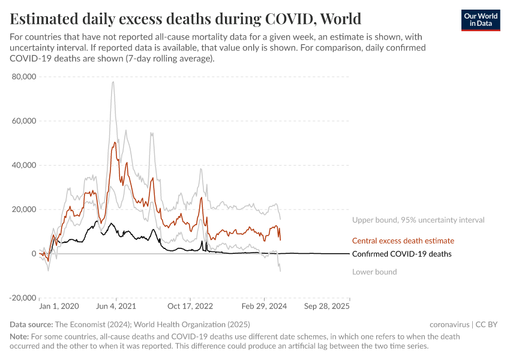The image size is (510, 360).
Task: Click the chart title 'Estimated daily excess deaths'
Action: [x=185, y=18]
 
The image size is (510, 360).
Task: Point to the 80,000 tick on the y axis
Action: [x=24, y=77]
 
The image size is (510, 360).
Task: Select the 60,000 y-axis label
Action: [x=24, y=121]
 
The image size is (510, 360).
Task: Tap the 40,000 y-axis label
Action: [x=24, y=165]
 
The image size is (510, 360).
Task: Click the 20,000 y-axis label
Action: [x=24, y=209]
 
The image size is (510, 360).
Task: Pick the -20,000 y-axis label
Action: [x=23, y=298]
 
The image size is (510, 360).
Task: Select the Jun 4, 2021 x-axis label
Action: [x=116, y=306]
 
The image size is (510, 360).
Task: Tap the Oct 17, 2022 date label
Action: [x=190, y=306]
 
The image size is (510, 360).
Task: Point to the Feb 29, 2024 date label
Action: [x=265, y=306]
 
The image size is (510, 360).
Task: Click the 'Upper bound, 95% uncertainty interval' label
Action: [x=418, y=220]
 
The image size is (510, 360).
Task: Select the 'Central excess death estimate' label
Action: [x=403, y=241]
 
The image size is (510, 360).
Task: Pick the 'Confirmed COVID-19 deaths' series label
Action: [x=401, y=254]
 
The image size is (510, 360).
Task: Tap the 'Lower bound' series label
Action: [x=374, y=272]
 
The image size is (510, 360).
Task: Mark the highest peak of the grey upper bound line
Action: [x=113, y=82]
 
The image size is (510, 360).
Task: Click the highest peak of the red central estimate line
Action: [x=114, y=142]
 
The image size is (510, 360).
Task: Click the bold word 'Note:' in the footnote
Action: [x=20, y=337]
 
